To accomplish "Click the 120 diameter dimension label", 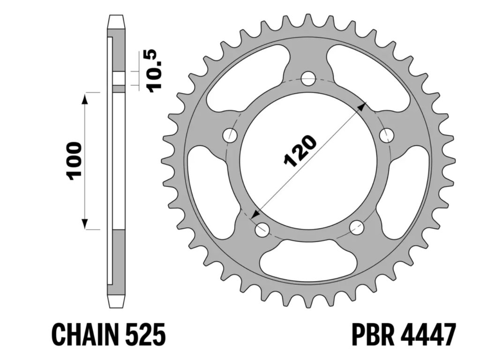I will click(300, 151).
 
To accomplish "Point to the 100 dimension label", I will click(75, 161).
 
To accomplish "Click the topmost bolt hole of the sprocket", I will click(308, 78).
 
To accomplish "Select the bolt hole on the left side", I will click(230, 135).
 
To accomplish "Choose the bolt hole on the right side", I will click(386, 135).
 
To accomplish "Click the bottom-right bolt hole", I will click(357, 228).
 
